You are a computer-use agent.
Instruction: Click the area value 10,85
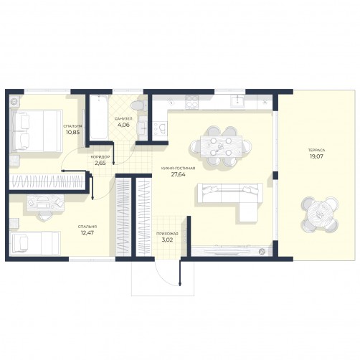tap(72, 132)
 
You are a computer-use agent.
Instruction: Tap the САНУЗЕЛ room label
tap(123, 118)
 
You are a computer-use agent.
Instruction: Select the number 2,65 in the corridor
tap(100, 164)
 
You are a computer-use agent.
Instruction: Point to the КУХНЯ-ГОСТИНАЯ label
tap(178, 169)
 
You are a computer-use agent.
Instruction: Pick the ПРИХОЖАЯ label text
tap(167, 234)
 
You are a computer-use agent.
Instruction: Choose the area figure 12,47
tap(87, 232)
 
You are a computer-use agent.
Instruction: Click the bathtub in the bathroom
tap(99, 117)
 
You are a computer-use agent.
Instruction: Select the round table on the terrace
tap(320, 214)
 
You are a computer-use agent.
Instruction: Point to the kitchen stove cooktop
tap(192, 102)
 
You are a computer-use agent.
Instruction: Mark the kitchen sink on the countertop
tap(237, 101)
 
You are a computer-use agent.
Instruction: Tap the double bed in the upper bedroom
tap(36, 131)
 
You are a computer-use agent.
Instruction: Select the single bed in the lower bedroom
tap(34, 243)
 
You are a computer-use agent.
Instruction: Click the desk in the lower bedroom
tap(45, 203)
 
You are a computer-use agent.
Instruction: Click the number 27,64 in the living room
tap(178, 174)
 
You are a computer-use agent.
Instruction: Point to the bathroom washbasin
tap(143, 126)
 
